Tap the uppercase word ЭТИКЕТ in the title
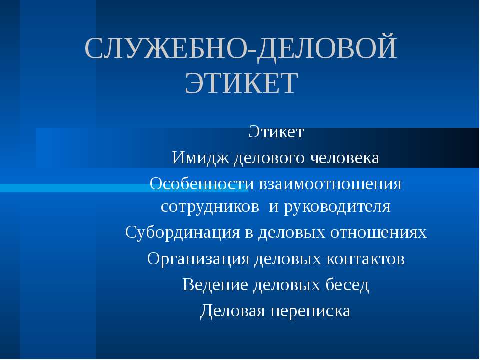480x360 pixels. coord(241,83)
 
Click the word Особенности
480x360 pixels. coord(202,184)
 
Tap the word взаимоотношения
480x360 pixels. coord(330,184)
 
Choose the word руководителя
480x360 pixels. coord(337,206)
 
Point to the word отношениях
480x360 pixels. coord(378,232)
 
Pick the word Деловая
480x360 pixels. coord(232,311)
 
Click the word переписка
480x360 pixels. coord(310,311)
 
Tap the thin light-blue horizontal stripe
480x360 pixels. coord(75,188)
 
